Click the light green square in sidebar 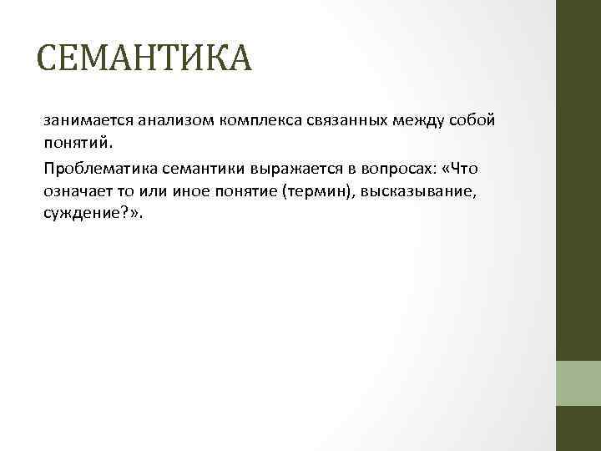(578, 383)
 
